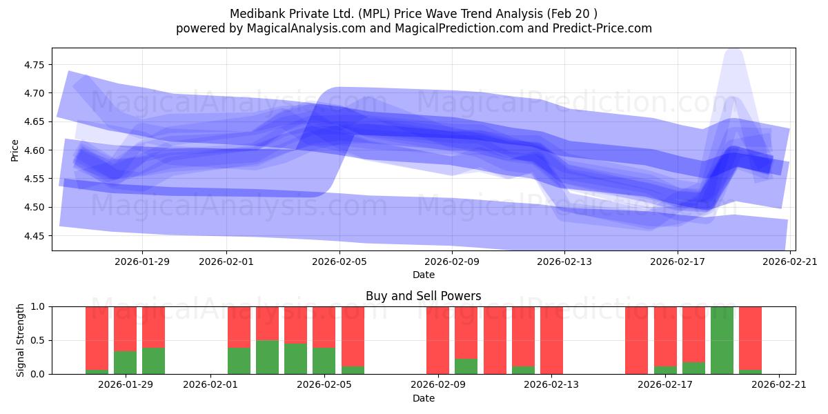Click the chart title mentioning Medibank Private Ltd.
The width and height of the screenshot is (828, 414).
click(413, 13)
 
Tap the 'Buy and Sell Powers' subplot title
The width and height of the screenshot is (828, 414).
click(423, 296)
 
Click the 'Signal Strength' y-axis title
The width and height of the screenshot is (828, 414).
click(21, 340)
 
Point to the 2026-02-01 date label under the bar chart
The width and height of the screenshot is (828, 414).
click(210, 385)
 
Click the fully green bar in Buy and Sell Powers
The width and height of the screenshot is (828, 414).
click(722, 340)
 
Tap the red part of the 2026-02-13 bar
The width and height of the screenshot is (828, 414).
click(551, 340)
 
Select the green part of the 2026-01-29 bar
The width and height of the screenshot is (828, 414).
click(125, 363)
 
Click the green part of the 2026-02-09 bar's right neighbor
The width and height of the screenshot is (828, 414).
click(466, 366)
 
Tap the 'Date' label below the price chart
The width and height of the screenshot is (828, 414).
click(423, 275)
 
